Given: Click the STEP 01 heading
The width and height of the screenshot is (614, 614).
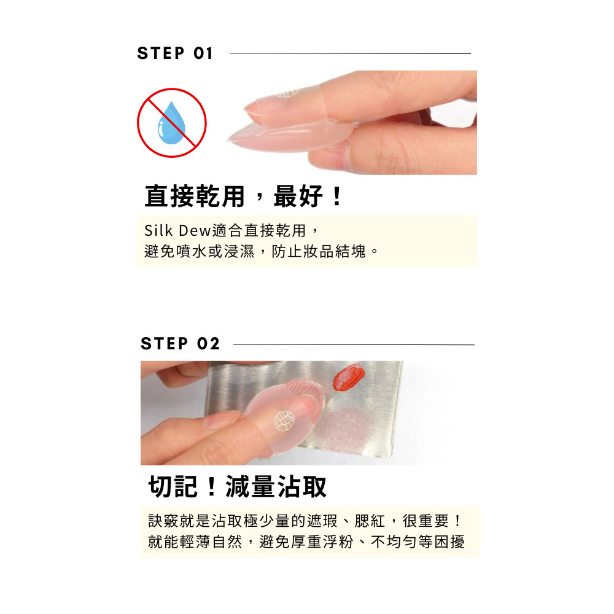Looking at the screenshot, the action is [x=174, y=53].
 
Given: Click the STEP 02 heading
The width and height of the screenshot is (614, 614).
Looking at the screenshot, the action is [x=180, y=344].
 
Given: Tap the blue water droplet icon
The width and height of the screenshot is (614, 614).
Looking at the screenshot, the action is [x=171, y=123].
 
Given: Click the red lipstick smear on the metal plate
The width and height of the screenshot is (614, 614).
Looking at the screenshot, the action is [x=349, y=377].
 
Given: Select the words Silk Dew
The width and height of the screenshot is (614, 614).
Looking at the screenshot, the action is [x=177, y=230].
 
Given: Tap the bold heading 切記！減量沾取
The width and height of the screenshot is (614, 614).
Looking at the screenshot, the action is [x=237, y=487].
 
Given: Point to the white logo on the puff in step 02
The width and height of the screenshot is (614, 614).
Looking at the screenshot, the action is [x=284, y=421].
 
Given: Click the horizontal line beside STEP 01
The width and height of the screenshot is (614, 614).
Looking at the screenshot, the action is [x=350, y=53].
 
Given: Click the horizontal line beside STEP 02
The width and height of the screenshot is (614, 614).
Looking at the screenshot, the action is [x=354, y=344].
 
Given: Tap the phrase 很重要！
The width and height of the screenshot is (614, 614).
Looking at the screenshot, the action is [x=432, y=521].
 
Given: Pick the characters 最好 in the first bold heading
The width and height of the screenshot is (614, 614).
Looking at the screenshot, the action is [x=298, y=196].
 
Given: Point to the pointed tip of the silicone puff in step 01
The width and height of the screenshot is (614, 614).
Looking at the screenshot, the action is [x=229, y=139].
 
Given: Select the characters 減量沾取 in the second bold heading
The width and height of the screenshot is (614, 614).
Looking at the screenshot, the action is [x=276, y=487].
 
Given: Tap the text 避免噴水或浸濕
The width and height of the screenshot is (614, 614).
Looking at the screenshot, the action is [x=199, y=251].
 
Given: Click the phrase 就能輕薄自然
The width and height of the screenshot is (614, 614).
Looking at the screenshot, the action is [x=195, y=542].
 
